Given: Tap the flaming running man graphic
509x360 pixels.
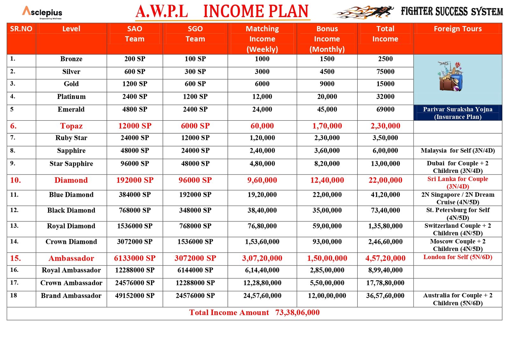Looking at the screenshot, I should coord(364,12).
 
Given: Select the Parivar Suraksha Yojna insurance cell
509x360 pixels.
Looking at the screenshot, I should coord(457,113).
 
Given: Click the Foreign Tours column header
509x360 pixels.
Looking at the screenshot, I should coord(457,29).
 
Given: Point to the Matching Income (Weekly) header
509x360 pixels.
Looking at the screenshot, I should coord(262,39).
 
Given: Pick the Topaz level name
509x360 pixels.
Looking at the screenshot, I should coord(71,126).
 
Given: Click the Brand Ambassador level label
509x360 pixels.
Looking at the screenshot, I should coord(71,296).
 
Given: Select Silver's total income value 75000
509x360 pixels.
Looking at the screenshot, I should coord(385,72).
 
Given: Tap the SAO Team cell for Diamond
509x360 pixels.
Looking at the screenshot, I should coord(135,180).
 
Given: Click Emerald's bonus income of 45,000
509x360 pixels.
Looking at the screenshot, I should coord(327,109).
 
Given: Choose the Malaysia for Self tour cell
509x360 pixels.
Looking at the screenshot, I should coord(457,151).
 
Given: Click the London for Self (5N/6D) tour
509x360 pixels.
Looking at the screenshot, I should coord(457,257).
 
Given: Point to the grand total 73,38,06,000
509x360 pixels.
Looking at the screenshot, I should coord(297,313).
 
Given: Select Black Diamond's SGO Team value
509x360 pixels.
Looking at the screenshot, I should coord(195,210).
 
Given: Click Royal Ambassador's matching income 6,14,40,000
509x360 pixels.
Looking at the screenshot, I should coord(262,270).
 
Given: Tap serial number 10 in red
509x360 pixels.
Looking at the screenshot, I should coord(15,180).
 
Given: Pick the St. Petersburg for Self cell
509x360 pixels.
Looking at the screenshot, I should coord(457,214).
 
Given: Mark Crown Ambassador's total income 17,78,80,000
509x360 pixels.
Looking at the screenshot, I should coord(385,283).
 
